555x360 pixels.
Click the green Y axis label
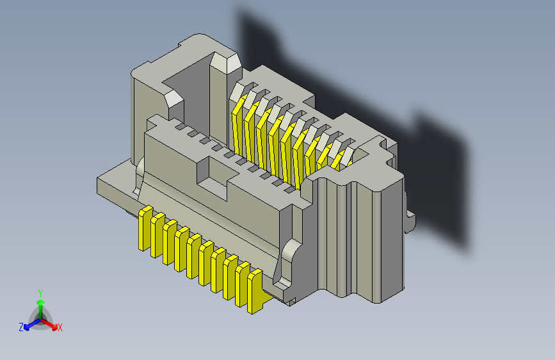(40, 292)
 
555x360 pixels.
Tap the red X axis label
(60, 327)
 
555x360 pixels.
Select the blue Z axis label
(21, 327)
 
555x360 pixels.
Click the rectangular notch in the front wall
(213, 172)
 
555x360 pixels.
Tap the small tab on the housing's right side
(410, 222)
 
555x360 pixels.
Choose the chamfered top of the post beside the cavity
(225, 61)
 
